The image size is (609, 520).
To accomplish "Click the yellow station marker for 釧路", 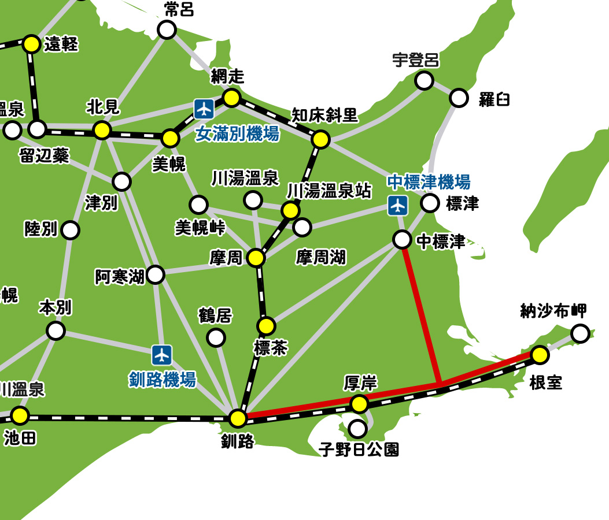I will pos(238,418).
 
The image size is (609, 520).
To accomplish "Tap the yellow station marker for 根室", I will pos(540,354).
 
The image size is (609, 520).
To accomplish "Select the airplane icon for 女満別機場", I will pos(204,108).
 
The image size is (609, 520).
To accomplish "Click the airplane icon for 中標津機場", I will pos(398,205).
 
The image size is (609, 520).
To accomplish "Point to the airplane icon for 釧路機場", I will pos(162,354).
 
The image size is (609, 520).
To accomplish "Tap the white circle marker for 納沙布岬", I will pos(580,333).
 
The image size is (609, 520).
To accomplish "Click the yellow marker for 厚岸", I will pos(359,404).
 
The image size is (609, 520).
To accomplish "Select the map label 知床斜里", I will pos(324,115).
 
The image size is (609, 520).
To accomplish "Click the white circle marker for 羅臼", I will pos(459,98).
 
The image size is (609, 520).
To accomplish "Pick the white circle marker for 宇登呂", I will pos(425,80).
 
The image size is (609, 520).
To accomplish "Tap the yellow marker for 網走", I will pos(231,98).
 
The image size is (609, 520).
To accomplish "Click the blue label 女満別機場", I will pos(237,134).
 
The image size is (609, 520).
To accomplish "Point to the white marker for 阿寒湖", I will pos(156,274).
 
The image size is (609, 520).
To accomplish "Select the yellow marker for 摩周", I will pos(256,258).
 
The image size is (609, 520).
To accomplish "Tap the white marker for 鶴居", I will pos(216,337).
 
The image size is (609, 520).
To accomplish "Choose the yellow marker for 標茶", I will pos(266,326).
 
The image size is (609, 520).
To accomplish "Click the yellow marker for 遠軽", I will pos(32,43).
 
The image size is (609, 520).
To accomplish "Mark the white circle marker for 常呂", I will pos(167,29).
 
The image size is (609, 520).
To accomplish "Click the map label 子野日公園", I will pos(359,449).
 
